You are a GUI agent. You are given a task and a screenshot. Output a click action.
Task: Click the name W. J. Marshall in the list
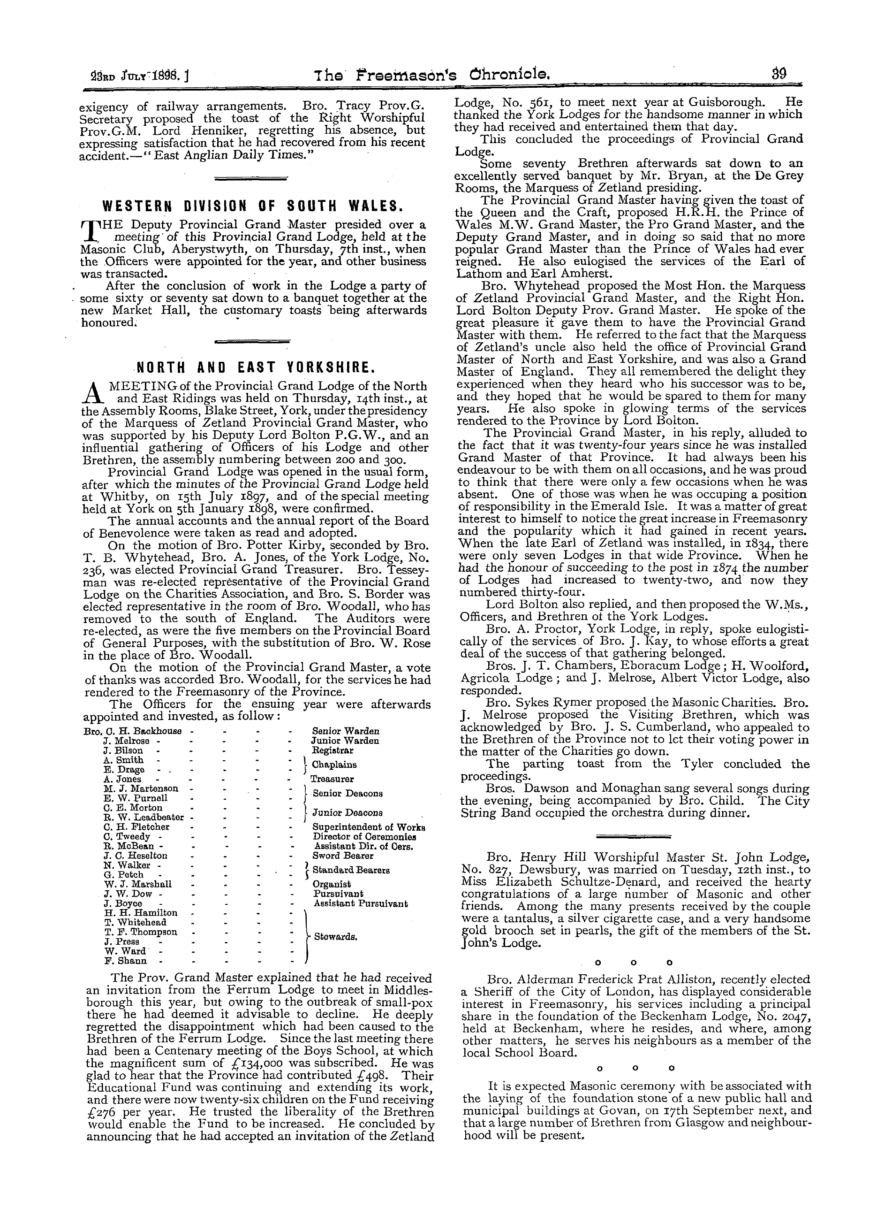(x=138, y=884)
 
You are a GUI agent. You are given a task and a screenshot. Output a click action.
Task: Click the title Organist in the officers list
(x=332, y=884)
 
